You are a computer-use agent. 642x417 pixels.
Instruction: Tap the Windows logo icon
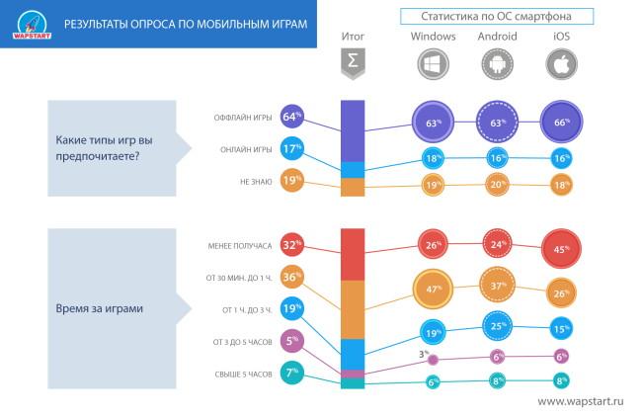pyautogui.click(x=433, y=64)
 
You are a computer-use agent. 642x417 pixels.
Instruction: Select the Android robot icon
pyautogui.click(x=497, y=64)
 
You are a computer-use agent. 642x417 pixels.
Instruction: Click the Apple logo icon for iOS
pyautogui.click(x=561, y=64)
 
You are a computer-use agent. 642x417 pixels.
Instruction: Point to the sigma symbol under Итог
pyautogui.click(x=353, y=63)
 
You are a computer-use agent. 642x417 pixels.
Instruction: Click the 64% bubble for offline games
pyautogui.click(x=291, y=118)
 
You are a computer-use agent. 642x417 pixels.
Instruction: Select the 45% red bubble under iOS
pyautogui.click(x=561, y=249)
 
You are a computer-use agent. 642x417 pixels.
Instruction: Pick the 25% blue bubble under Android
pyautogui.click(x=497, y=325)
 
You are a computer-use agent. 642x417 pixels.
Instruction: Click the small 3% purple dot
pyautogui.click(x=433, y=359)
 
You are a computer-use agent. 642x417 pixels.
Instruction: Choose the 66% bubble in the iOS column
pyautogui.click(x=561, y=122)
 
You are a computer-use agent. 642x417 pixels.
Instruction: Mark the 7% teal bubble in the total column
pyautogui.click(x=291, y=373)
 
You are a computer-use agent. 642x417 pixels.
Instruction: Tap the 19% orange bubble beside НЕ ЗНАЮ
pyautogui.click(x=291, y=181)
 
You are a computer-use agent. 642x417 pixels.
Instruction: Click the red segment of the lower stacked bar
pyautogui.click(x=353, y=254)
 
